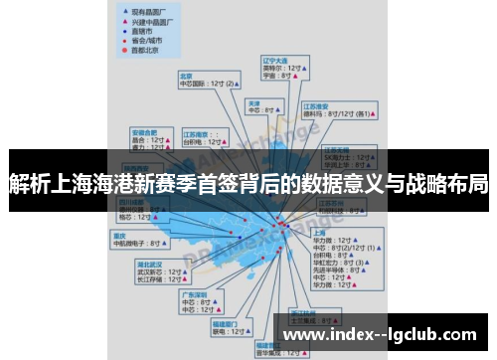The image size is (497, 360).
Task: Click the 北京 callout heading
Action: (186, 76)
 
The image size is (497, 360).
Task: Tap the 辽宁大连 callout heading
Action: (273, 60)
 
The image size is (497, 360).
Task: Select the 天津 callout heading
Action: (254, 102)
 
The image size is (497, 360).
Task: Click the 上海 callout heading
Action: (321, 233)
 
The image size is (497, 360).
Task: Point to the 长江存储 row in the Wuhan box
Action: (156, 279)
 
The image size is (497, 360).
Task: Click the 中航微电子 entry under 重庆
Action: (136, 243)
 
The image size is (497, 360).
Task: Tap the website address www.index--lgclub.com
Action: (379, 337)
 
